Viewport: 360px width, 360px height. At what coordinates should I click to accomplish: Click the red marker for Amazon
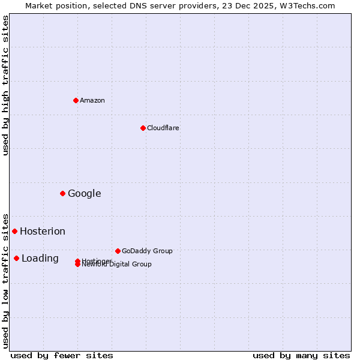click(76, 100)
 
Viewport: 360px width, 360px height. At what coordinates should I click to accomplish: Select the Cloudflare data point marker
click(143, 128)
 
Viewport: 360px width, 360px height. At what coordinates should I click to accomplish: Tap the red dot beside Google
click(62, 193)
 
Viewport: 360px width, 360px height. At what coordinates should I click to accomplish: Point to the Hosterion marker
click(14, 231)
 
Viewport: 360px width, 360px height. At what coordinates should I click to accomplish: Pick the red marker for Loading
click(16, 258)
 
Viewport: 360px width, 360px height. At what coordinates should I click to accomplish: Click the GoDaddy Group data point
click(118, 251)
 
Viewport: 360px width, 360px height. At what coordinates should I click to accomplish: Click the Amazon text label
click(92, 100)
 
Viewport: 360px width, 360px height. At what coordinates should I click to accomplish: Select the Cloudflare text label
click(163, 128)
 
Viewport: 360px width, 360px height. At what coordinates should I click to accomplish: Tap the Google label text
click(85, 193)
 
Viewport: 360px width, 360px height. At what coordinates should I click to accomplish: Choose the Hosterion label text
click(43, 231)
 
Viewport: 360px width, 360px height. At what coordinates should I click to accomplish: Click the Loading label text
click(40, 258)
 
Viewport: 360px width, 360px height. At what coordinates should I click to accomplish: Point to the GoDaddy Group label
click(147, 251)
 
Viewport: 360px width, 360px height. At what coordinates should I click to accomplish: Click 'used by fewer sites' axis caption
click(62, 355)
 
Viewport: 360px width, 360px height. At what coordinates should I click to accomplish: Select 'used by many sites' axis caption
click(301, 355)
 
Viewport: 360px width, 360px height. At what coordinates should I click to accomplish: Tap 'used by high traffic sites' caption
click(5, 85)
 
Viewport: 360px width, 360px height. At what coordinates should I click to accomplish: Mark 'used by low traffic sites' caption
click(5, 280)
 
